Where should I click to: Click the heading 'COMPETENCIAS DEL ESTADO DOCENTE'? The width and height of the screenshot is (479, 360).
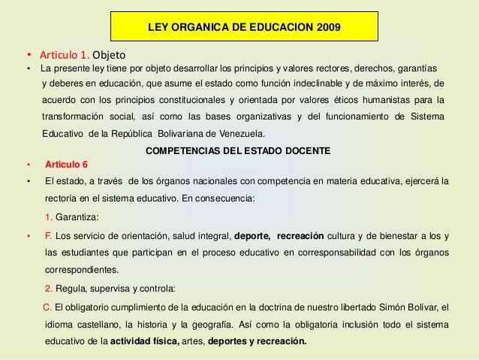pos(237,150)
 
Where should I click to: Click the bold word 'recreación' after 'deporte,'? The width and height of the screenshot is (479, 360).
pos(304,235)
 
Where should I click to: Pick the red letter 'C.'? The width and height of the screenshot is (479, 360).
pos(47,307)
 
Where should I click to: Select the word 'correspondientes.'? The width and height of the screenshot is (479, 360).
pos(81,269)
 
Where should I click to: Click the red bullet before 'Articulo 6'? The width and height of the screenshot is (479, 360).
pos(27,165)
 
